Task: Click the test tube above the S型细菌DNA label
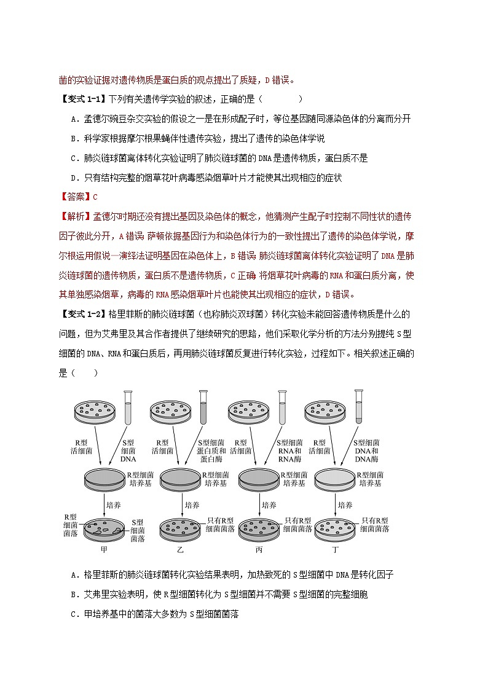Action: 127,407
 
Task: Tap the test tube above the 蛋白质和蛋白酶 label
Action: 203,407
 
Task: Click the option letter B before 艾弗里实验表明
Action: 74,594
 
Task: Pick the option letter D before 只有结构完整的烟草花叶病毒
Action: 74,178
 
